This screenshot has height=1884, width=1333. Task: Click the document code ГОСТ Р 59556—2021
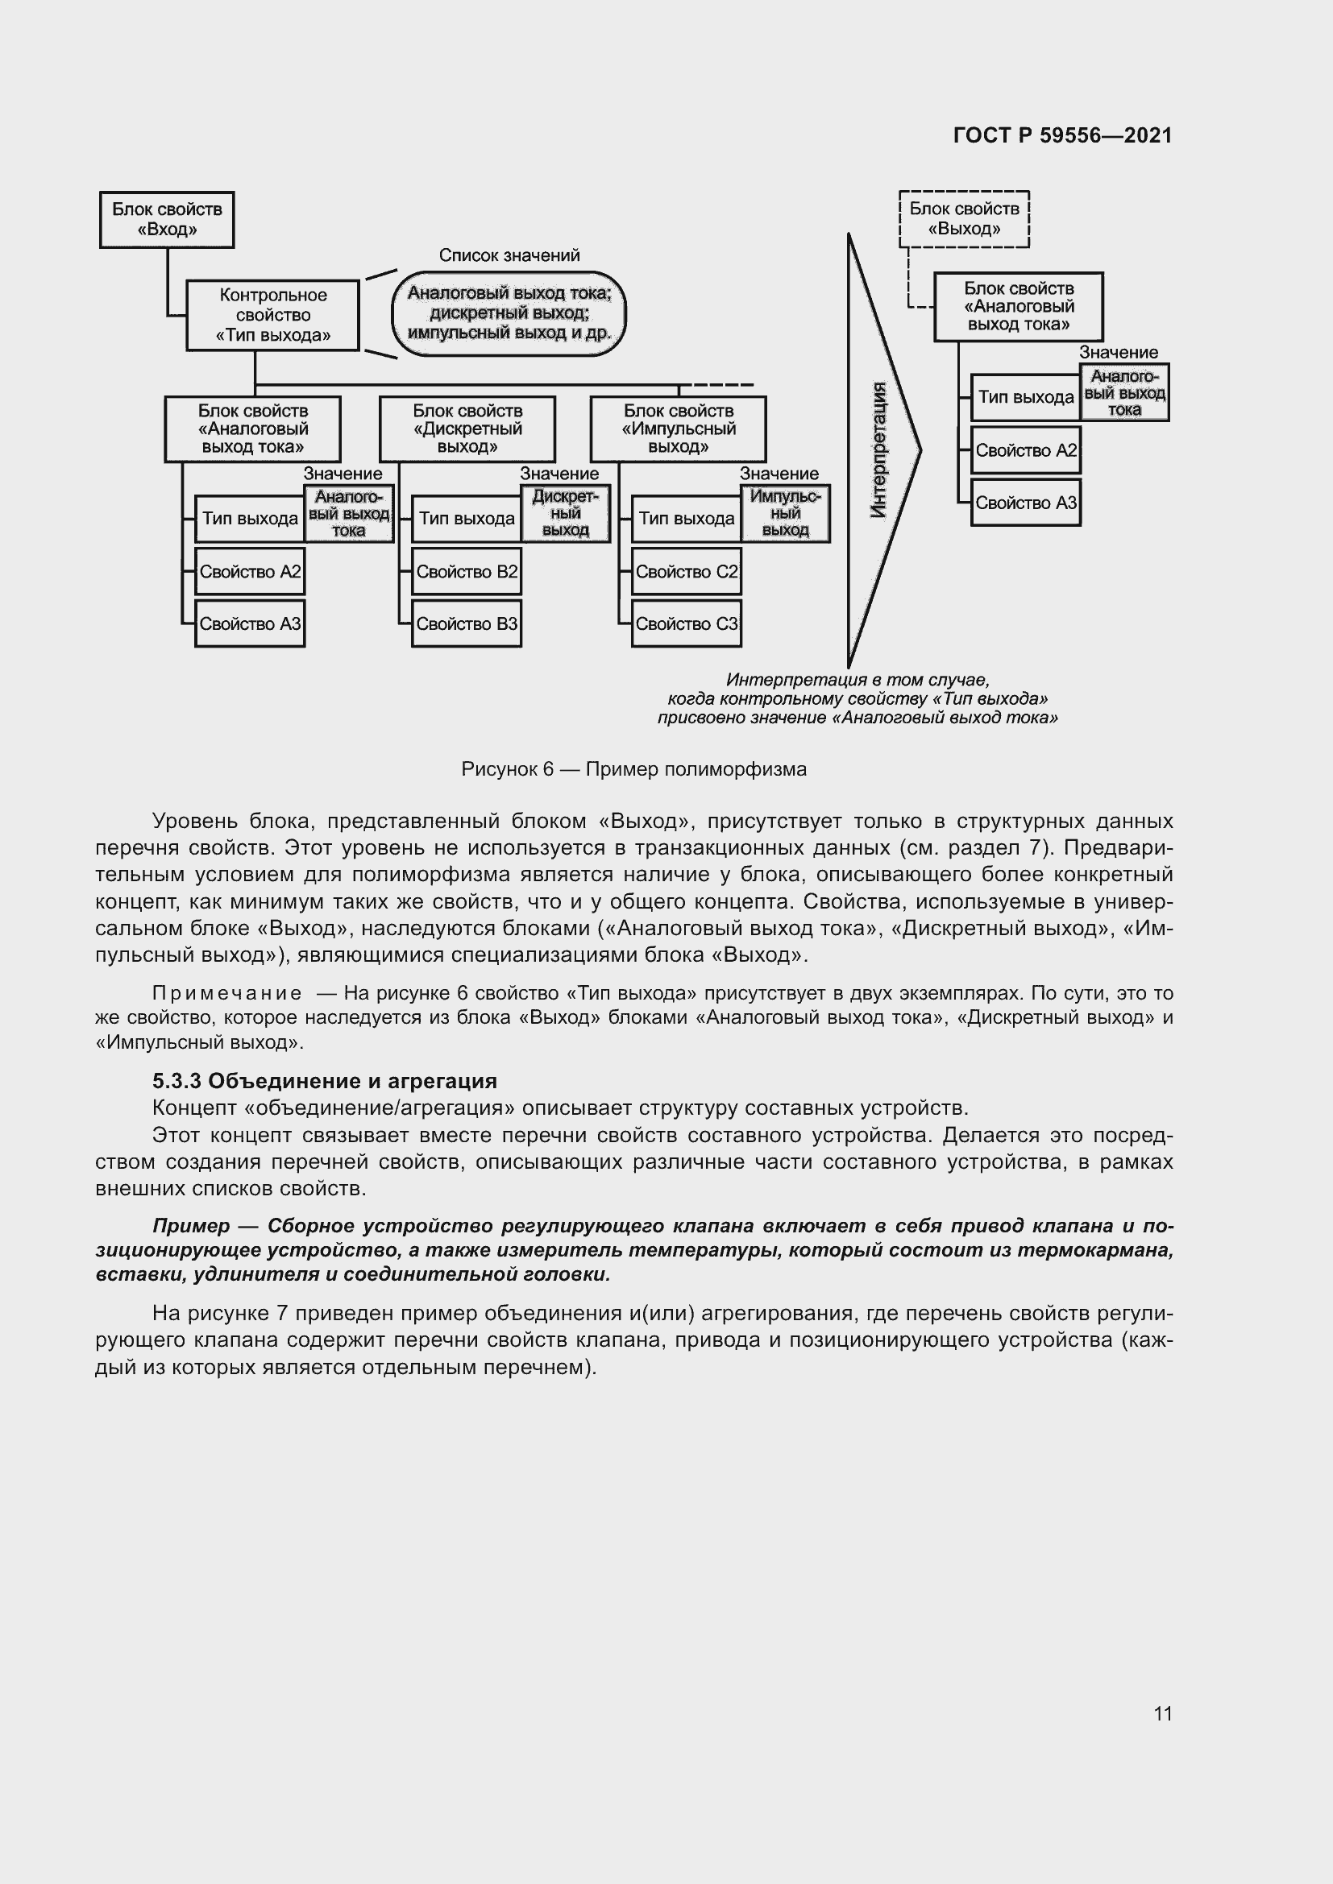(x=1062, y=135)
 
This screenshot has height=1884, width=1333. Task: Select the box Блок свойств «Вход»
(x=167, y=219)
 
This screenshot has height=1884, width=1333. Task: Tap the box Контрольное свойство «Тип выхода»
(x=272, y=315)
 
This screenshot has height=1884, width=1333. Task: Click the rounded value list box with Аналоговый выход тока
(x=509, y=313)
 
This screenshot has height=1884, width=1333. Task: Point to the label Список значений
(x=509, y=255)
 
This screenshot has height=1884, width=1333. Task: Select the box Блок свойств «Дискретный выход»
(x=467, y=429)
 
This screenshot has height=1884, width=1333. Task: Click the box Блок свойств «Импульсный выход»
(x=678, y=429)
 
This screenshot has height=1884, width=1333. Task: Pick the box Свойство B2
(x=466, y=572)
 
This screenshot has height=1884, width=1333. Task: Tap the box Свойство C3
(x=686, y=623)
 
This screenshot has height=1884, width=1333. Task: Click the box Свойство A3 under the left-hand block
(x=250, y=623)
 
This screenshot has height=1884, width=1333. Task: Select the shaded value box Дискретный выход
(x=566, y=514)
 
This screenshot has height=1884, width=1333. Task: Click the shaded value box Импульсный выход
(x=786, y=514)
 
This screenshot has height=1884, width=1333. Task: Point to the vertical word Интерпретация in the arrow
(x=878, y=449)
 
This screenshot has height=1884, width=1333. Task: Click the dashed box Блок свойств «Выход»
(x=964, y=218)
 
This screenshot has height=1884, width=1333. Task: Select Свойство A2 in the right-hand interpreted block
(x=1025, y=450)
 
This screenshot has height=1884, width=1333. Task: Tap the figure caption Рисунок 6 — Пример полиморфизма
(x=633, y=769)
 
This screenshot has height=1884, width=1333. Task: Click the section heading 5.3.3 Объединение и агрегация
(x=325, y=1081)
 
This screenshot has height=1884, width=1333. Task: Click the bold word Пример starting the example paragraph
(x=191, y=1226)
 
